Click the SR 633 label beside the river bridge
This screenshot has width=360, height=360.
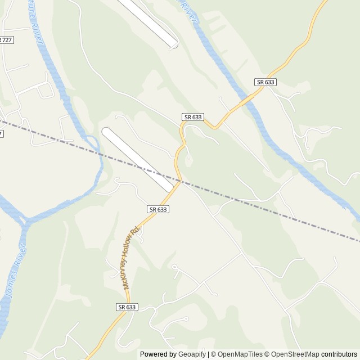click(x=265, y=82)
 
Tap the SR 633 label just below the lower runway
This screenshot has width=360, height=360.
click(x=159, y=209)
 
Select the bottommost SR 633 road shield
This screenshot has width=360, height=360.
click(x=128, y=307)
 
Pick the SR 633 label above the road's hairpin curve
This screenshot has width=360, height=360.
click(x=193, y=117)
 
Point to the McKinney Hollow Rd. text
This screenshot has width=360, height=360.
click(x=130, y=259)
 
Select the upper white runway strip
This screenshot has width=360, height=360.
click(x=149, y=22)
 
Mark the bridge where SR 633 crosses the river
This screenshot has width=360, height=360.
click(x=245, y=99)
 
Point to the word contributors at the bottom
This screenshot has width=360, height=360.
click(x=339, y=354)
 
